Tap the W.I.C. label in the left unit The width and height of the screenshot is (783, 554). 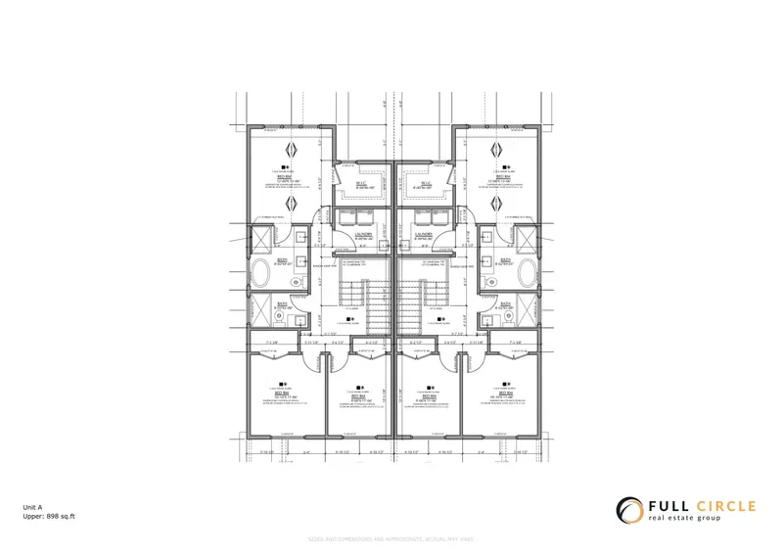point(360,184)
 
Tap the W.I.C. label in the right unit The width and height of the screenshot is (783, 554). point(425,184)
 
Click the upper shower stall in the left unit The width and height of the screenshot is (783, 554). point(261,238)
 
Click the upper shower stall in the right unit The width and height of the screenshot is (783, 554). point(525,238)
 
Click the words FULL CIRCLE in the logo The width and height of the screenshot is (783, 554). point(703,506)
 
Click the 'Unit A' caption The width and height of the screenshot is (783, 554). point(34,505)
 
